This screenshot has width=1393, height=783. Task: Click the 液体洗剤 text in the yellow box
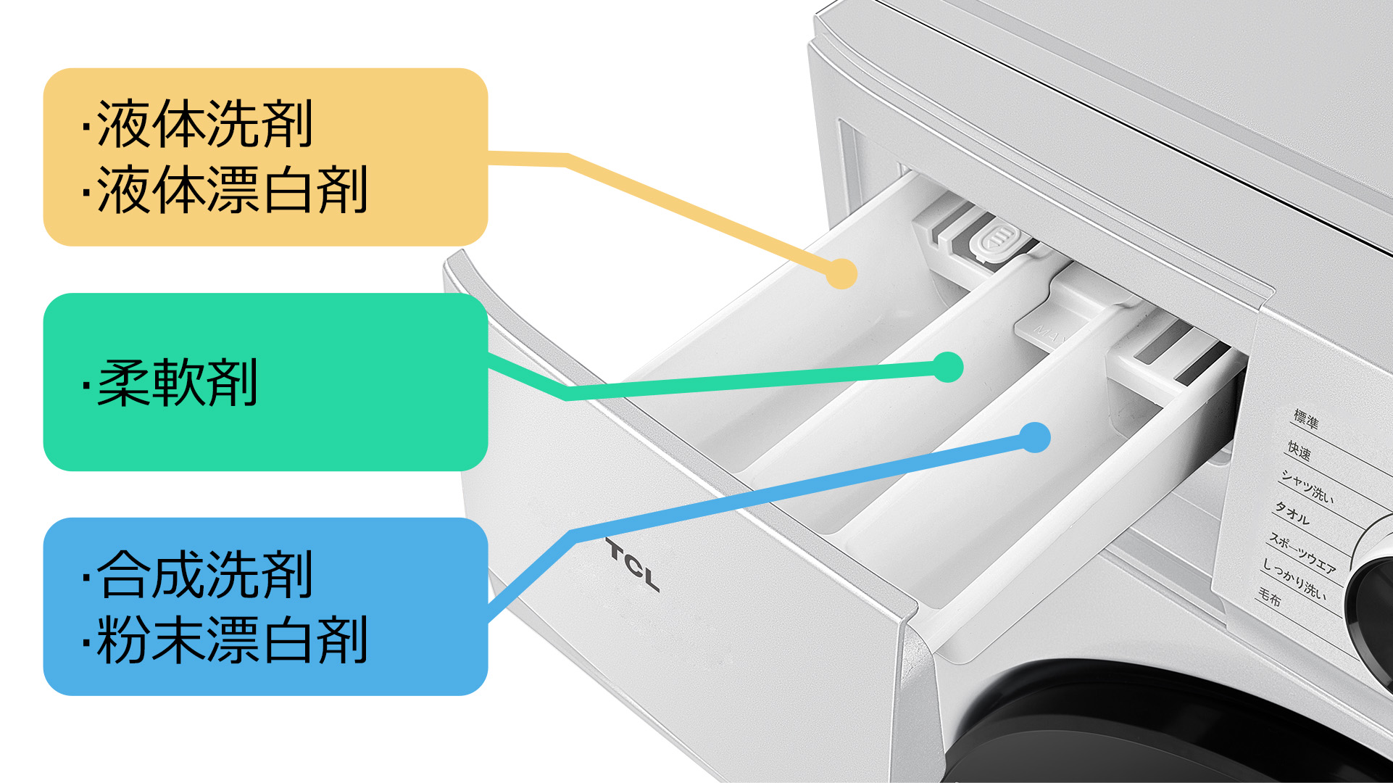205,124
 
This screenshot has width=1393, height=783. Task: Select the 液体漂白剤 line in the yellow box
232,190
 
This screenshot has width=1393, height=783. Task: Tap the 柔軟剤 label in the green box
178,383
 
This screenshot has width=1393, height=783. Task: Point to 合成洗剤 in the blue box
205,575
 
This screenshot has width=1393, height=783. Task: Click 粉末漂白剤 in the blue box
232,640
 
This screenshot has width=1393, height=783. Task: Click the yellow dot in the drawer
841,273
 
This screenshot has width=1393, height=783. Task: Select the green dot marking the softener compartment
947,367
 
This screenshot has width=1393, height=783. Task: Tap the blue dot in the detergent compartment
1035,437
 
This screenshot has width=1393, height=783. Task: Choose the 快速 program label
1299,451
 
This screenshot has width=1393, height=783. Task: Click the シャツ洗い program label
1307,486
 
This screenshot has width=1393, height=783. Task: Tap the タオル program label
1292,513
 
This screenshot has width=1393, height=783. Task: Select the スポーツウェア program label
1302,552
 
